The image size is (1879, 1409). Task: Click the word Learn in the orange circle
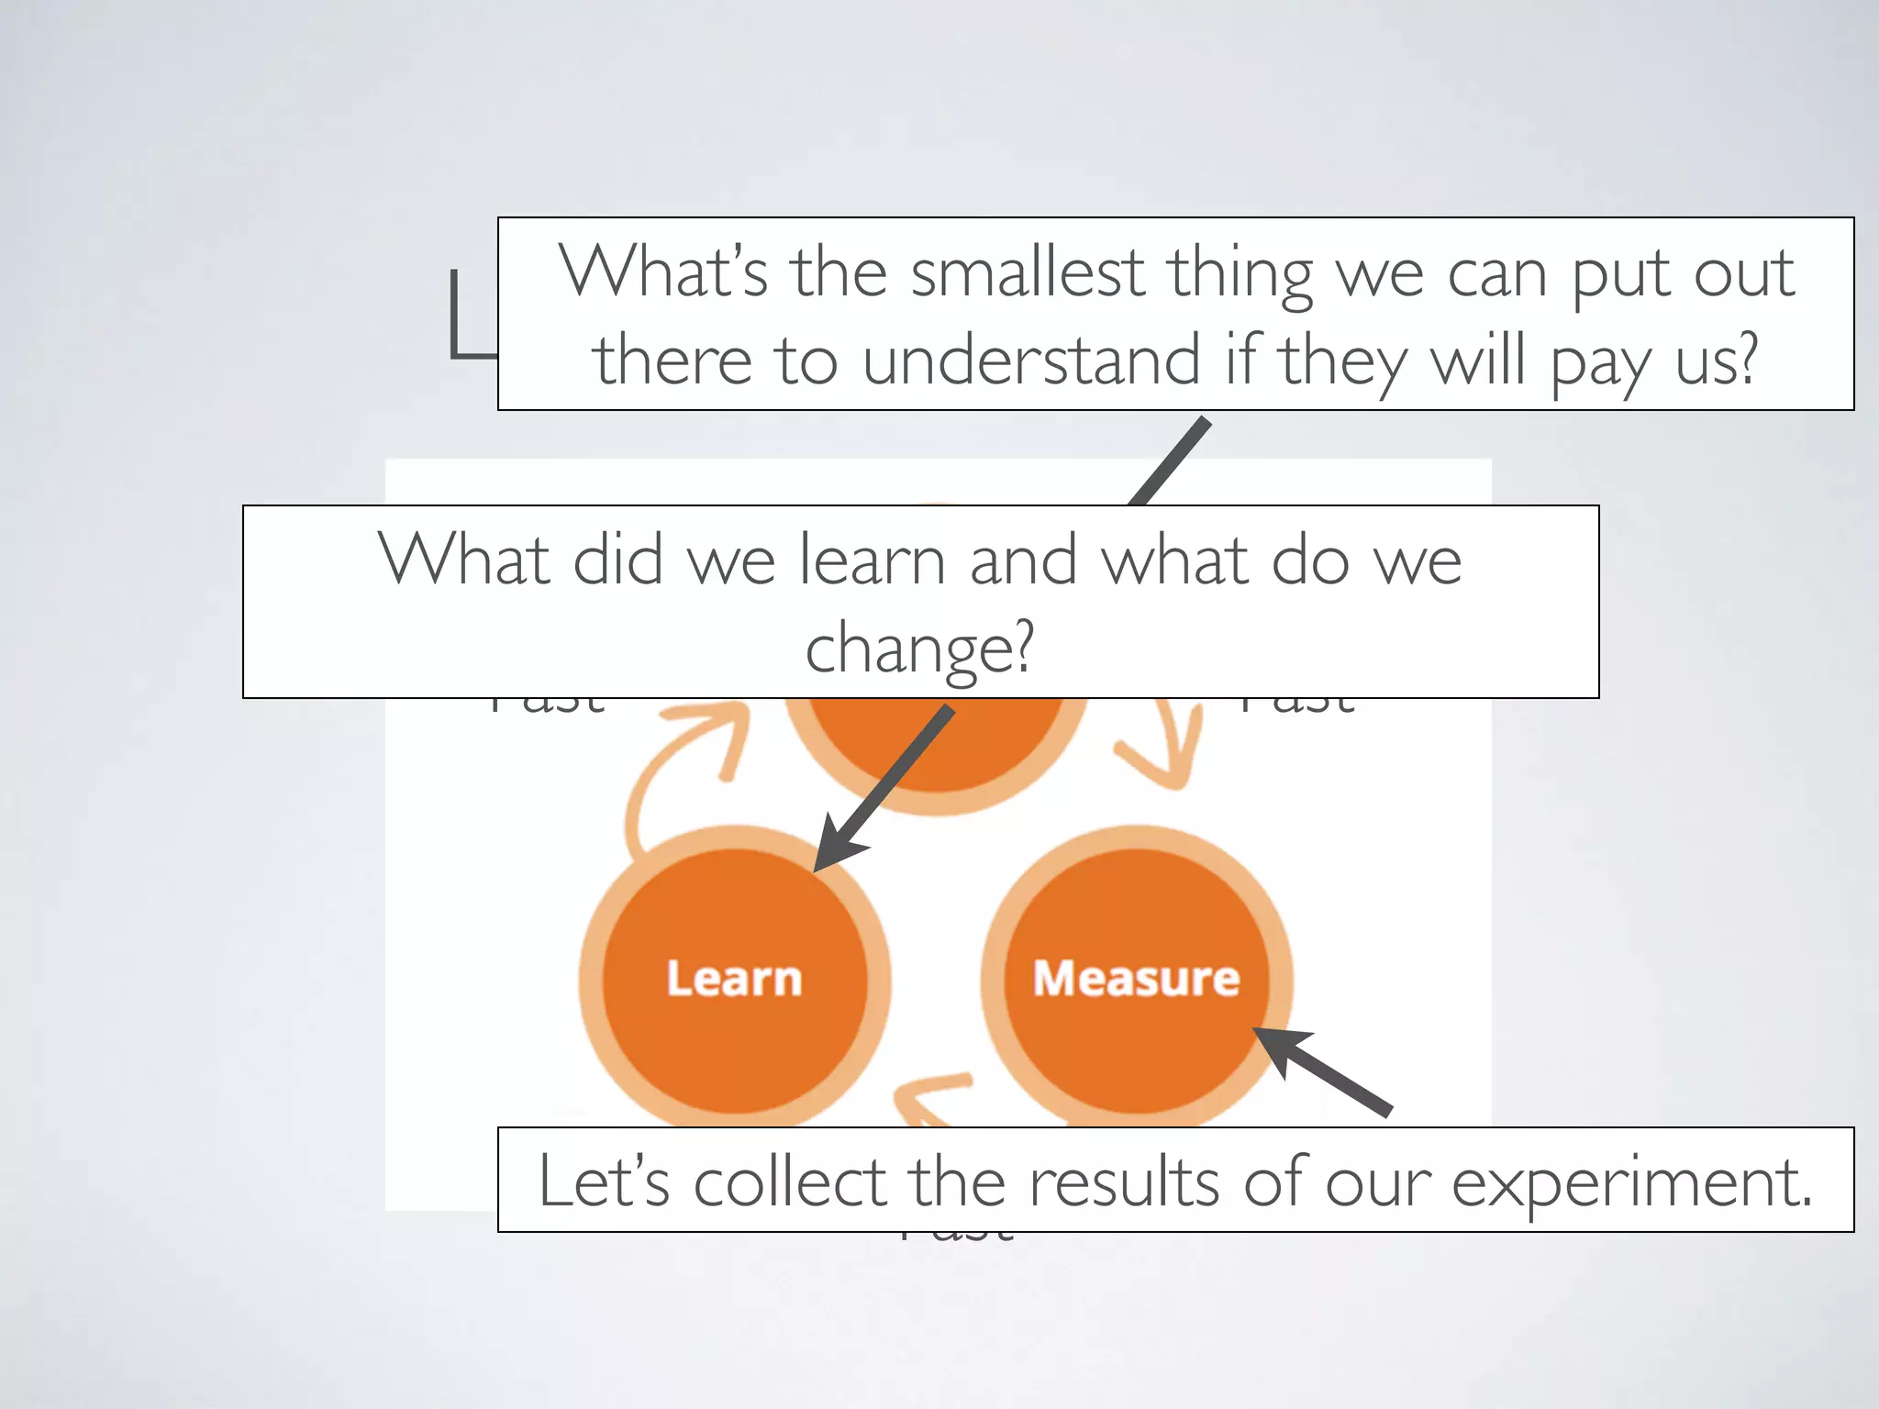coord(734,978)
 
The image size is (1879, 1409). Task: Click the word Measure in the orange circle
coord(1136,978)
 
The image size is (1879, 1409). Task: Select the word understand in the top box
coord(1031,360)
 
